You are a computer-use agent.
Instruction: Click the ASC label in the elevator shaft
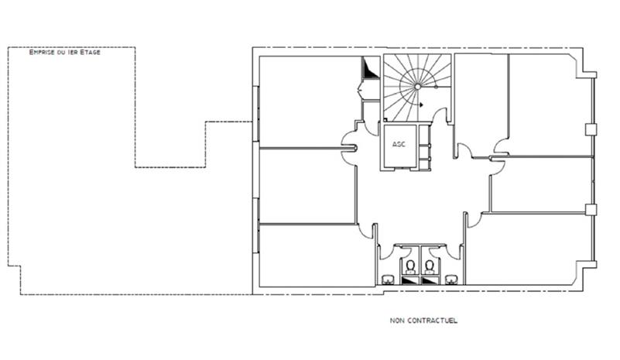tap(399, 145)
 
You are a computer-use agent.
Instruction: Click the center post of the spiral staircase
tap(417, 86)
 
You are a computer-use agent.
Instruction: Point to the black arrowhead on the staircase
tap(422, 105)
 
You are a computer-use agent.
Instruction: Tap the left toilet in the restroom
tap(410, 266)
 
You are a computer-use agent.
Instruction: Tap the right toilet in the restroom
tap(430, 266)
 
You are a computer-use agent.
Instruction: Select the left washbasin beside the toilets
tap(388, 279)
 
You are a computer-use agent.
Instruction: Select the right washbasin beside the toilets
tap(451, 279)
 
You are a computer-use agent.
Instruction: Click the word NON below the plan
tap(397, 321)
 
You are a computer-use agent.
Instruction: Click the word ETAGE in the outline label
tap(90, 52)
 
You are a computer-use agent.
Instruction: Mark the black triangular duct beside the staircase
tap(368, 67)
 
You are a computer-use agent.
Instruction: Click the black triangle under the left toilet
tap(410, 280)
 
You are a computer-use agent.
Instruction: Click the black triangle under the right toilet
tap(430, 280)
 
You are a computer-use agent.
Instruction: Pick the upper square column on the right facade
tap(591, 129)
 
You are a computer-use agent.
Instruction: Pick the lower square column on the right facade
tap(591, 209)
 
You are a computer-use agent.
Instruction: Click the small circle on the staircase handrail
tap(437, 87)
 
